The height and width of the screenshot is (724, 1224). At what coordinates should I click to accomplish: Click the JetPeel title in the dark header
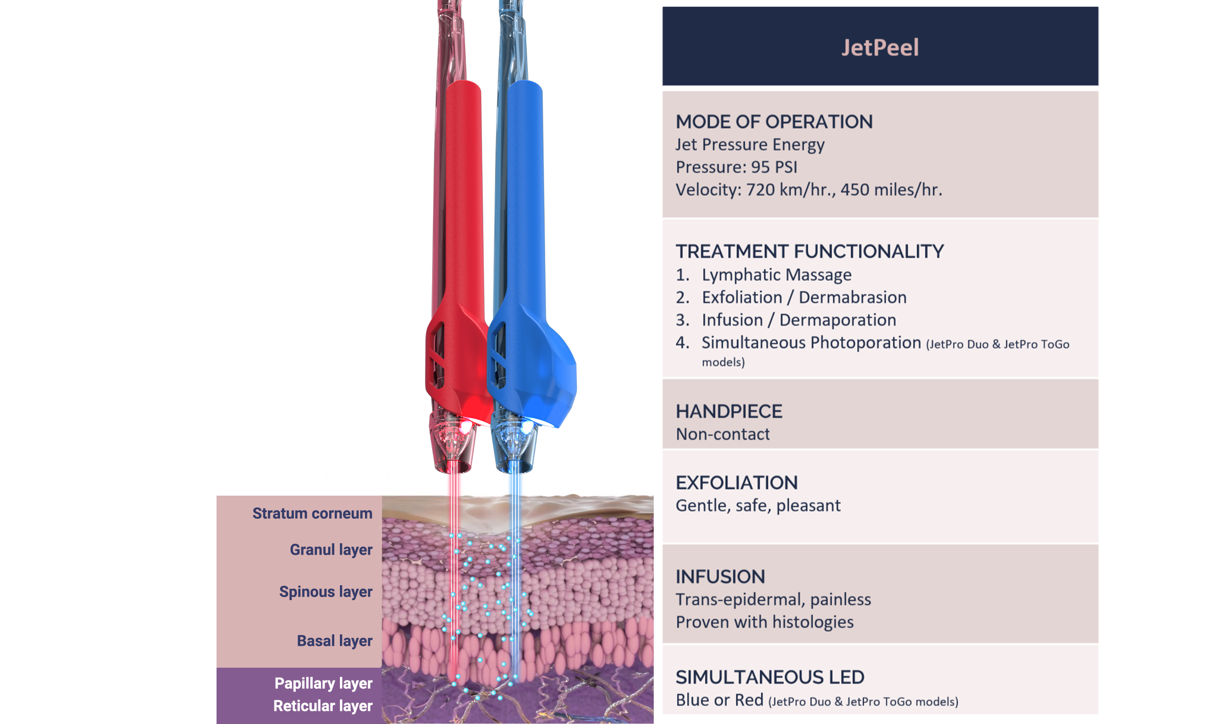click(x=880, y=48)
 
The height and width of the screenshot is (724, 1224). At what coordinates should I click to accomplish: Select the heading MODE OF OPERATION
click(x=774, y=122)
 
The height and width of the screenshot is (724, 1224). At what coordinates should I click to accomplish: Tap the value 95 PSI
click(x=774, y=167)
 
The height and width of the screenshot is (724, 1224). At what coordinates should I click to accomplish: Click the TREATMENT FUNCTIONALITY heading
click(x=809, y=251)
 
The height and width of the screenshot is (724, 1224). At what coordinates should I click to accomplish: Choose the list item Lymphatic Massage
click(x=777, y=275)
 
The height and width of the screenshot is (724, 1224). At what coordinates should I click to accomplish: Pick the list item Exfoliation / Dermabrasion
click(x=804, y=297)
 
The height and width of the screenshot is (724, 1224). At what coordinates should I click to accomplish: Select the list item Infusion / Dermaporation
click(x=799, y=320)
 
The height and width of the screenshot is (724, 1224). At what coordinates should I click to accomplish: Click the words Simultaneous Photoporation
click(x=811, y=343)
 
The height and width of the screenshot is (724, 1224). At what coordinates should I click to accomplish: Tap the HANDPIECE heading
click(x=729, y=412)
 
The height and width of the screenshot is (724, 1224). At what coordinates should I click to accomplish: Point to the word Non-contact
click(x=723, y=434)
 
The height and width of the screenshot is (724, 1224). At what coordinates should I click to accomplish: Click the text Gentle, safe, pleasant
click(x=758, y=506)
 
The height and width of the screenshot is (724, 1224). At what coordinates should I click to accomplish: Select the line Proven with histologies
click(x=765, y=622)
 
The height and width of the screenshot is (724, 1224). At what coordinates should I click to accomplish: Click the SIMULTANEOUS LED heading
click(x=770, y=677)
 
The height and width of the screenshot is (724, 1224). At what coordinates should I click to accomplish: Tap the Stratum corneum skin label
click(x=312, y=514)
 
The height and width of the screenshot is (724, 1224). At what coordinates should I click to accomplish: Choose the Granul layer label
click(x=331, y=550)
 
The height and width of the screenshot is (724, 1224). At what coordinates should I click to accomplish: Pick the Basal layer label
click(x=335, y=641)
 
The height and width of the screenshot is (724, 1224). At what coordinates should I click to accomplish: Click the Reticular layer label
click(x=323, y=706)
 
